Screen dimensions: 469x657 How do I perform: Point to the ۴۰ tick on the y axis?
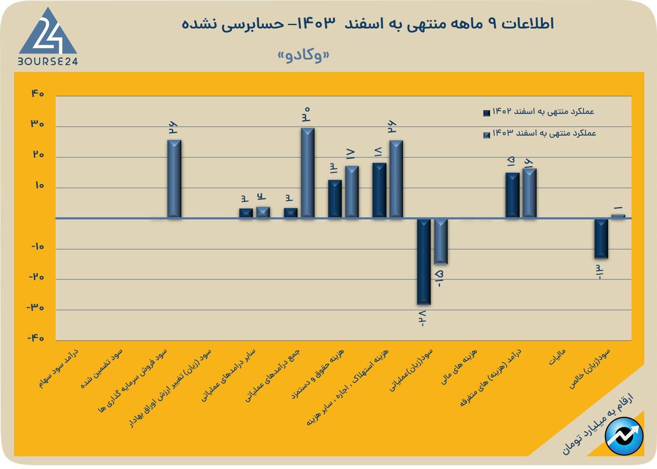37,94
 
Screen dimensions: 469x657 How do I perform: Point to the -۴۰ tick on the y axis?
36,338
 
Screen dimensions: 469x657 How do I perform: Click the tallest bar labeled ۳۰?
308,173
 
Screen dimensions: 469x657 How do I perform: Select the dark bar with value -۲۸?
424,261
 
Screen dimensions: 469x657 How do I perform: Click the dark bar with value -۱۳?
601,238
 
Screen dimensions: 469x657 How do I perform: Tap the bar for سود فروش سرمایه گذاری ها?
175,179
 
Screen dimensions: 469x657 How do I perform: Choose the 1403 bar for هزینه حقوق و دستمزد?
352,192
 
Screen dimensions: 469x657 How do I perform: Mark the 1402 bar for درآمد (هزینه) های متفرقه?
513,195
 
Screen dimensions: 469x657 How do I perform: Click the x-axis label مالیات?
557,357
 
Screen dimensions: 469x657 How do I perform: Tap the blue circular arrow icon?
624,436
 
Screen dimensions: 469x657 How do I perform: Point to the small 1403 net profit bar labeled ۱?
618,216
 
